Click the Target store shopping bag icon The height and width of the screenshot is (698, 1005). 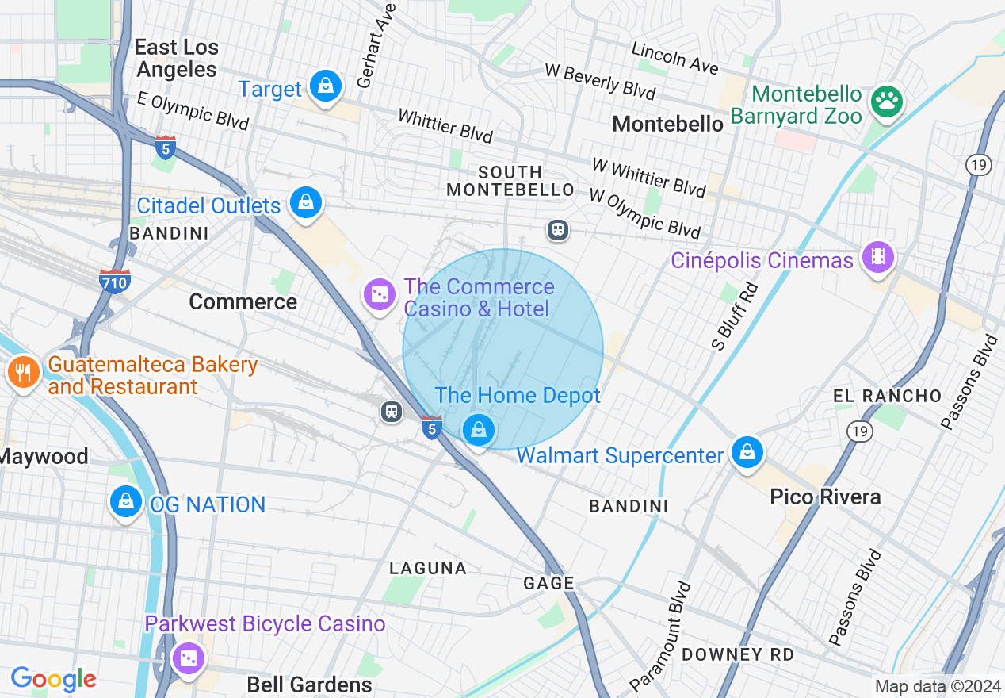pyautogui.click(x=325, y=86)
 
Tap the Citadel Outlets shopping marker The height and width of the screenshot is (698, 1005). pyautogui.click(x=305, y=202)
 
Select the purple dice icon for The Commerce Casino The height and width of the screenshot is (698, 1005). pyautogui.click(x=380, y=294)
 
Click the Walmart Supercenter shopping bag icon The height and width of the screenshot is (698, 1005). pyautogui.click(x=747, y=453)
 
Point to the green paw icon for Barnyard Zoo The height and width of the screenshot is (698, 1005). pyautogui.click(x=886, y=101)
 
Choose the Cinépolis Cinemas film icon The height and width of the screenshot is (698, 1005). pyautogui.click(x=877, y=257)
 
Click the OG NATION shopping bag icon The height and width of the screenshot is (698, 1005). pyautogui.click(x=125, y=501)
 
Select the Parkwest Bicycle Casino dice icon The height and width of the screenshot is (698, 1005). pyautogui.click(x=189, y=658)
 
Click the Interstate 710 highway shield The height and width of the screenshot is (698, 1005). pyautogui.click(x=115, y=280)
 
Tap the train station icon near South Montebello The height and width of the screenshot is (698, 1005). pyautogui.click(x=558, y=230)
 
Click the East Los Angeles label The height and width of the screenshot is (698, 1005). pyautogui.click(x=176, y=58)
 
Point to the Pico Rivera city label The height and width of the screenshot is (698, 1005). pyautogui.click(x=825, y=497)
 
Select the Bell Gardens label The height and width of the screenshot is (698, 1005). pyautogui.click(x=309, y=685)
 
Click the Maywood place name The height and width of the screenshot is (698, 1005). pyautogui.click(x=44, y=457)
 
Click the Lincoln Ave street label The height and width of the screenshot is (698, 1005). pyautogui.click(x=674, y=58)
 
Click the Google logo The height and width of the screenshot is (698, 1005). pyautogui.click(x=53, y=679)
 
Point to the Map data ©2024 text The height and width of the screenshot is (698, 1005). pyautogui.click(x=938, y=686)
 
